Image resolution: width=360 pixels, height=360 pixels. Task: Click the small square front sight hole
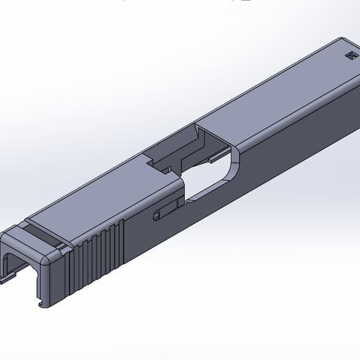pyautogui.click(x=350, y=56)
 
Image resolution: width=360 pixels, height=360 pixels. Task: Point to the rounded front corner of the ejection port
pyautogui.click(x=234, y=155)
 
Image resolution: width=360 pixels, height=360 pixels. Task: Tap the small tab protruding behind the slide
pyautogui.click(x=7, y=279)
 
